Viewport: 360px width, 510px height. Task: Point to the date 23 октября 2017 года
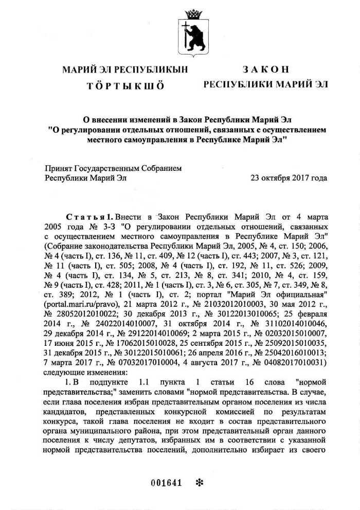point(289,178)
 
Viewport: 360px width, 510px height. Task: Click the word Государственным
point(121,168)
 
